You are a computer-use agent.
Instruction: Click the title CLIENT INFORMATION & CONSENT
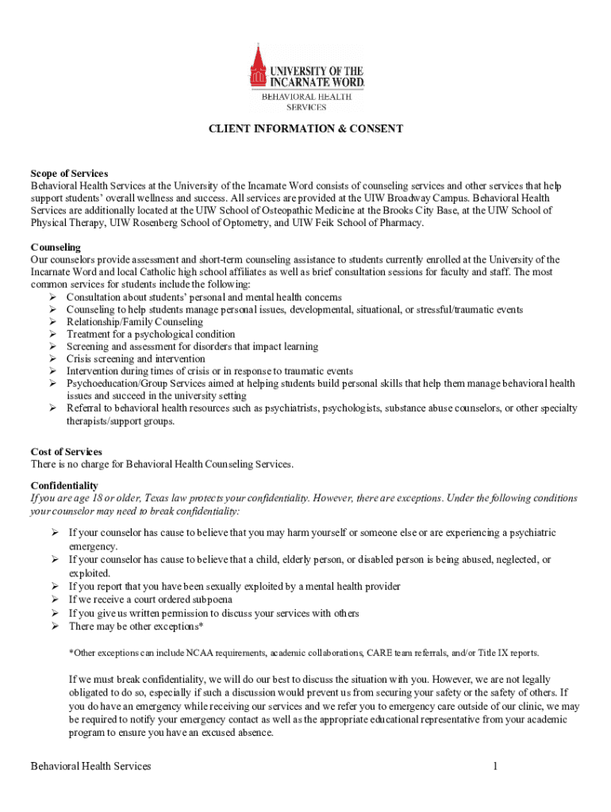(x=305, y=128)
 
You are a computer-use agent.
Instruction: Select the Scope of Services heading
(x=69, y=173)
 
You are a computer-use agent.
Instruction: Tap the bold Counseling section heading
(x=56, y=247)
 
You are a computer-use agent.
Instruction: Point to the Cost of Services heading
(x=66, y=451)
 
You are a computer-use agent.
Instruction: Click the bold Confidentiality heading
(x=64, y=485)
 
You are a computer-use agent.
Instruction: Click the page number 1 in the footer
(x=494, y=766)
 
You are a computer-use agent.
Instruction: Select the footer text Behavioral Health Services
(x=90, y=766)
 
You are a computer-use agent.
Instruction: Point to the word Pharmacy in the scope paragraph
(x=402, y=223)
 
